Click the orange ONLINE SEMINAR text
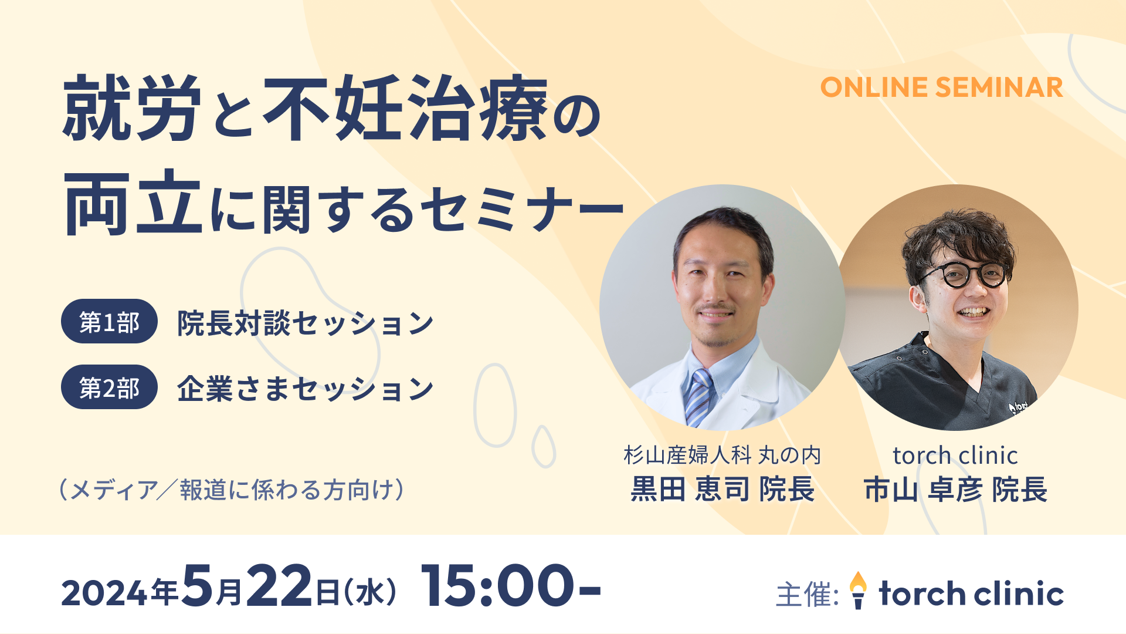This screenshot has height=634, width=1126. pyautogui.click(x=941, y=87)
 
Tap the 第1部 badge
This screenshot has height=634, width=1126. pyautogui.click(x=109, y=321)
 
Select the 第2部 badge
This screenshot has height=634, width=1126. pyautogui.click(x=109, y=387)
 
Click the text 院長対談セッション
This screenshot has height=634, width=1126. pyautogui.click(x=306, y=323)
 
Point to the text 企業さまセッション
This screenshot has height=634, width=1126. pyautogui.click(x=306, y=389)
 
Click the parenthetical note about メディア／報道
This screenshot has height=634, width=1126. pyautogui.click(x=232, y=490)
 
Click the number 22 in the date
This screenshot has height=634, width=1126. pyautogui.click(x=279, y=586)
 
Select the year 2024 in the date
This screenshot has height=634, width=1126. pyautogui.click(x=104, y=593)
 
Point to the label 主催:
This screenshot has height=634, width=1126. pyautogui.click(x=807, y=594)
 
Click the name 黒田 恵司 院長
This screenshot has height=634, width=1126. pyautogui.click(x=723, y=490)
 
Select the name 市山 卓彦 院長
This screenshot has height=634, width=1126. pyautogui.click(x=955, y=490)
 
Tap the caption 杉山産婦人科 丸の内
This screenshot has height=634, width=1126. pyautogui.click(x=723, y=455)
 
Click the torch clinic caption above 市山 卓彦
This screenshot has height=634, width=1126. pyautogui.click(x=955, y=455)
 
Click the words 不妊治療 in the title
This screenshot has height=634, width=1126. pyautogui.click(x=405, y=108)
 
